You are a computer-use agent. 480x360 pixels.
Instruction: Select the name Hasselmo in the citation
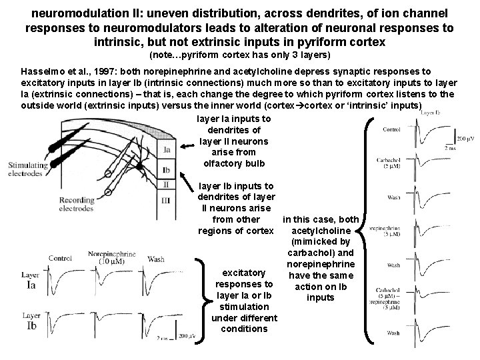(x=44, y=71)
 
